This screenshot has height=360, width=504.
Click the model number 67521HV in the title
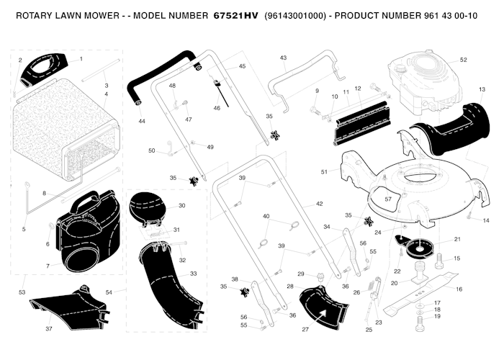tap(236, 15)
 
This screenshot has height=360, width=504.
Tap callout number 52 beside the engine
tap(463, 60)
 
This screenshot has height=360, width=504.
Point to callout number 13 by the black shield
tap(482, 89)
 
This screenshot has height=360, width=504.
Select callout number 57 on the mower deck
tap(388, 199)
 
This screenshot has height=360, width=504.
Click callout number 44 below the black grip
tap(142, 121)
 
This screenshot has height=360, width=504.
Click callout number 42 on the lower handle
tap(319, 204)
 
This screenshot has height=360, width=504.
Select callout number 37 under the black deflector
tap(48, 329)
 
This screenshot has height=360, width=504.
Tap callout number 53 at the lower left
tap(22, 292)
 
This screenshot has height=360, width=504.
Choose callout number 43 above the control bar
tap(283, 58)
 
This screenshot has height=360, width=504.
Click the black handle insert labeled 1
tap(44, 69)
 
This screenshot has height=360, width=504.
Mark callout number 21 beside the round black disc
tap(457, 239)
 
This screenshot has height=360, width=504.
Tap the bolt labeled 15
tap(440, 261)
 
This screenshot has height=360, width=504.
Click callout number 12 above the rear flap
tap(358, 89)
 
